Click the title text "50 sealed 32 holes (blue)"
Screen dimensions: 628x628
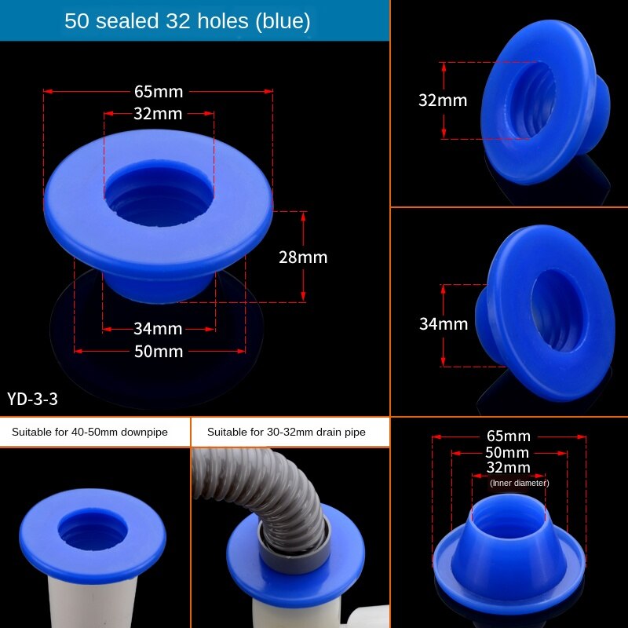point(187,21)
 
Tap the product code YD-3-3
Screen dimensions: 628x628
point(32,399)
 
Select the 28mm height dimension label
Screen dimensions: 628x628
point(303,257)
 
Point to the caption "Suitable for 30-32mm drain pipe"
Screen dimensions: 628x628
point(286,432)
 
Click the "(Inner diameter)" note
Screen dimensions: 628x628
point(519,483)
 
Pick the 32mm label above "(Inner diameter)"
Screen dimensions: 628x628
point(508,468)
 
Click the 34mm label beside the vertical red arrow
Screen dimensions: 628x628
point(443,323)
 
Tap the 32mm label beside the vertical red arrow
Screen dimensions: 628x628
point(442,100)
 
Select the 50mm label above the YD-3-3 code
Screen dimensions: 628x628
point(158,351)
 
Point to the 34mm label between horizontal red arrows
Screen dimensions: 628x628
point(158,328)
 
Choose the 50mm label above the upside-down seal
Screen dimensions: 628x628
point(508,452)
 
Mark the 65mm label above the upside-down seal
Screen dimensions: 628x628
point(508,436)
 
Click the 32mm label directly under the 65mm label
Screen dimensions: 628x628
point(158,114)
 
